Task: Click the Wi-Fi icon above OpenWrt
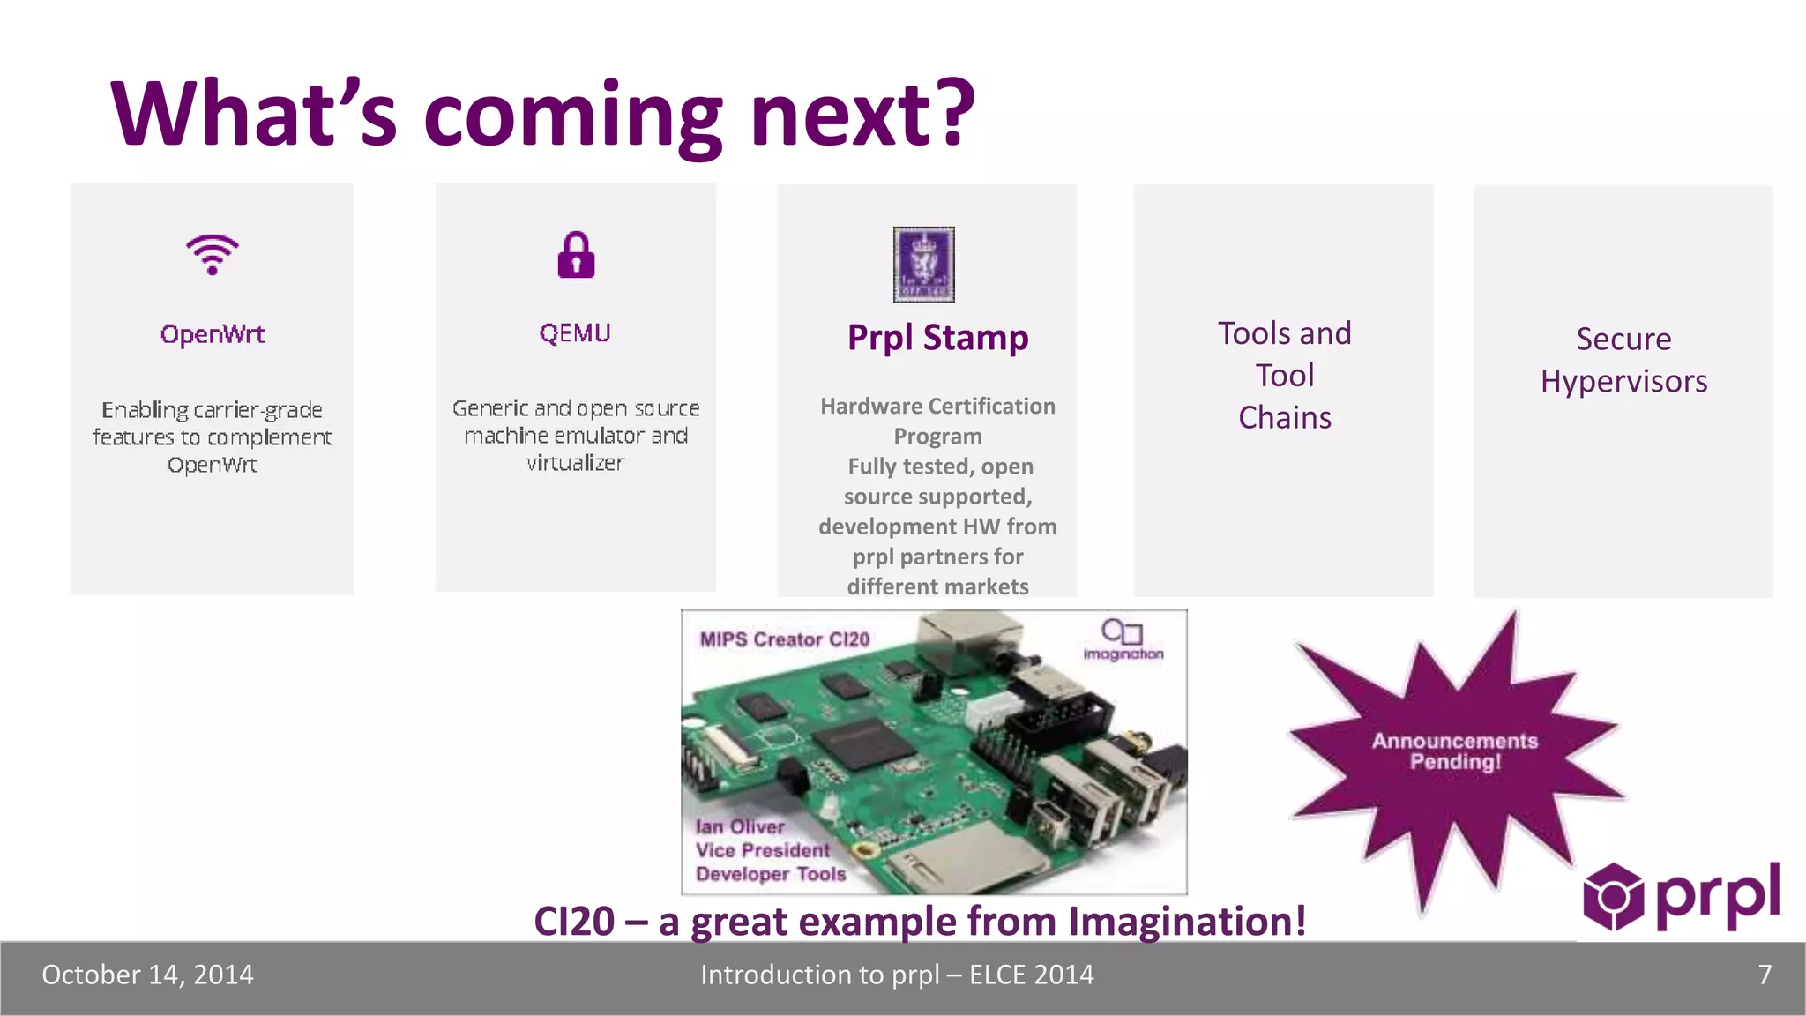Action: click(x=213, y=255)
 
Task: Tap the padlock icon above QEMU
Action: click(x=576, y=255)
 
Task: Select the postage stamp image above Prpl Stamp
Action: click(x=923, y=265)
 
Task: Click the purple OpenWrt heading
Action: click(x=213, y=334)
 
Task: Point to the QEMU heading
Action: click(x=575, y=333)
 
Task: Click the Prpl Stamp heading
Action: click(x=937, y=338)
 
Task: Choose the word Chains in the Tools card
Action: click(x=1285, y=418)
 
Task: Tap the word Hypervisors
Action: click(x=1623, y=382)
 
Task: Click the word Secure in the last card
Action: click(x=1623, y=340)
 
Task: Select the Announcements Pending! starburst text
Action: click(x=1455, y=751)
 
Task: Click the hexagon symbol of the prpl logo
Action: click(x=1613, y=897)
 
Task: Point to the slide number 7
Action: click(x=1765, y=975)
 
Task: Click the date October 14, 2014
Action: click(x=147, y=975)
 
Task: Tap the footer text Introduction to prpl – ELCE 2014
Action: click(x=897, y=975)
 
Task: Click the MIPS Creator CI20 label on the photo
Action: click(x=785, y=639)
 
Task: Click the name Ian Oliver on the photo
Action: click(x=740, y=827)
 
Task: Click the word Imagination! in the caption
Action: click(x=1187, y=922)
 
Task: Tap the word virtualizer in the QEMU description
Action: click(x=575, y=463)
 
